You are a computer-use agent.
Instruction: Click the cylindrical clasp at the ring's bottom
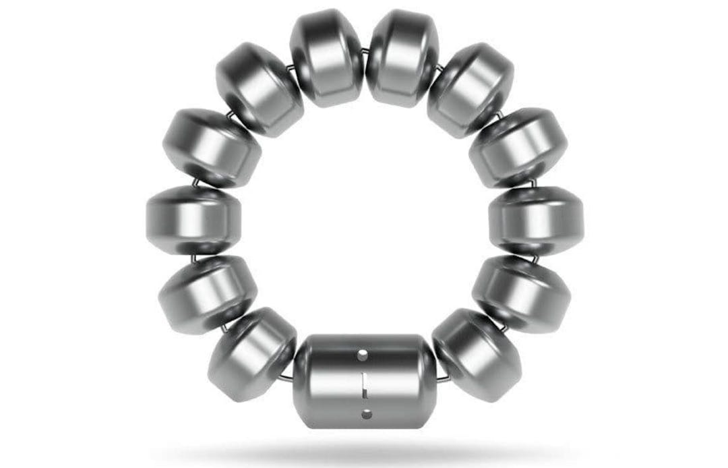364,381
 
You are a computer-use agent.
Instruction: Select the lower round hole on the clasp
366,412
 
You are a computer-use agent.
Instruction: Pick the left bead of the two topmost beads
327,57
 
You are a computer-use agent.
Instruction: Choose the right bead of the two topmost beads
402,58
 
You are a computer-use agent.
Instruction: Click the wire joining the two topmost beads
365,51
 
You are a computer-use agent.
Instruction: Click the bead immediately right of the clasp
477,355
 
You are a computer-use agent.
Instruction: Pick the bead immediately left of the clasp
252,355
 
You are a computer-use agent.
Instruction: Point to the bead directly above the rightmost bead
518,148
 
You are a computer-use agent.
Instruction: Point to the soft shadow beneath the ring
364,450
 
